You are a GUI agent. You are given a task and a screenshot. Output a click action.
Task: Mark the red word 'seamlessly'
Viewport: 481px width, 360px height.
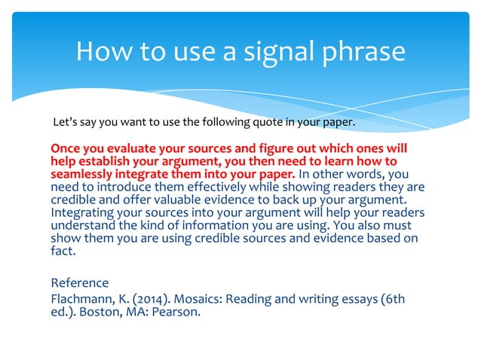82,174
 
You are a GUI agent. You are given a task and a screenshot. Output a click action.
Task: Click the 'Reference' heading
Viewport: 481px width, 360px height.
79,283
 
